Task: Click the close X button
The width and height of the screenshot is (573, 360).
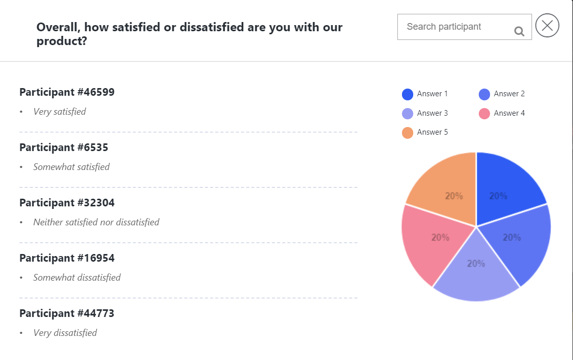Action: (x=547, y=26)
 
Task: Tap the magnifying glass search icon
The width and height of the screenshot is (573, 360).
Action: (x=519, y=32)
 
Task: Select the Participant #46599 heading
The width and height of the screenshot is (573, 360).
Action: (x=67, y=92)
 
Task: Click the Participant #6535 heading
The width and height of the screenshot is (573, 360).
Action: (x=64, y=147)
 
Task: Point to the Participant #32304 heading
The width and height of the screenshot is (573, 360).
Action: (x=67, y=203)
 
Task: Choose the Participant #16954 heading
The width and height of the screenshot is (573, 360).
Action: (x=67, y=258)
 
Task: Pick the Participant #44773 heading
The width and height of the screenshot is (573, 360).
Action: (x=67, y=313)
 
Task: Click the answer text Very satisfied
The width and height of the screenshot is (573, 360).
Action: (x=59, y=112)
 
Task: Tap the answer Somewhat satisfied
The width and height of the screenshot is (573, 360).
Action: (x=71, y=167)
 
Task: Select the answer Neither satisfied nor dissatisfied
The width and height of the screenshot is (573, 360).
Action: (x=96, y=222)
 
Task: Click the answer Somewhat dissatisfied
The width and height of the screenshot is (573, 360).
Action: (x=77, y=278)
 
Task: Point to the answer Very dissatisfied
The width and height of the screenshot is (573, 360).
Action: (x=65, y=333)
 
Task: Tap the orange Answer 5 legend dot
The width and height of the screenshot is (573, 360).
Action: (x=408, y=133)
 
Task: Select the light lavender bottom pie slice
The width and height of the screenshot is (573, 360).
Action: (x=476, y=274)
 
